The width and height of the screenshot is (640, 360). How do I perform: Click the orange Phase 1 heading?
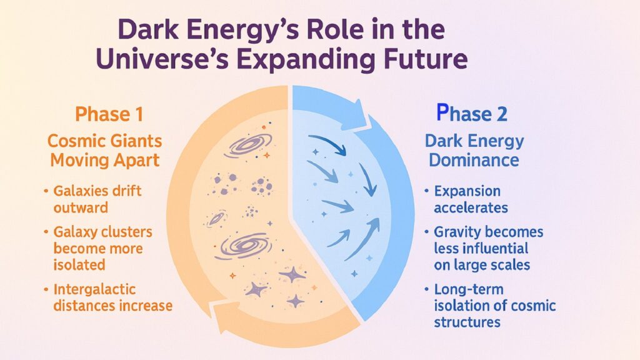(x=109, y=114)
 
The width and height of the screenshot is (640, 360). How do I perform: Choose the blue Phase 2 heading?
(x=471, y=114)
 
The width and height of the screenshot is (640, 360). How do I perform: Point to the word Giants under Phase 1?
(x=134, y=141)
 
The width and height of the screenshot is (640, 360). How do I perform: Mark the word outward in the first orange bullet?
(x=80, y=207)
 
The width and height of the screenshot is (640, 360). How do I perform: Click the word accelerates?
(x=471, y=207)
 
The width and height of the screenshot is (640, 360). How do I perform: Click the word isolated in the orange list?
(x=79, y=264)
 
